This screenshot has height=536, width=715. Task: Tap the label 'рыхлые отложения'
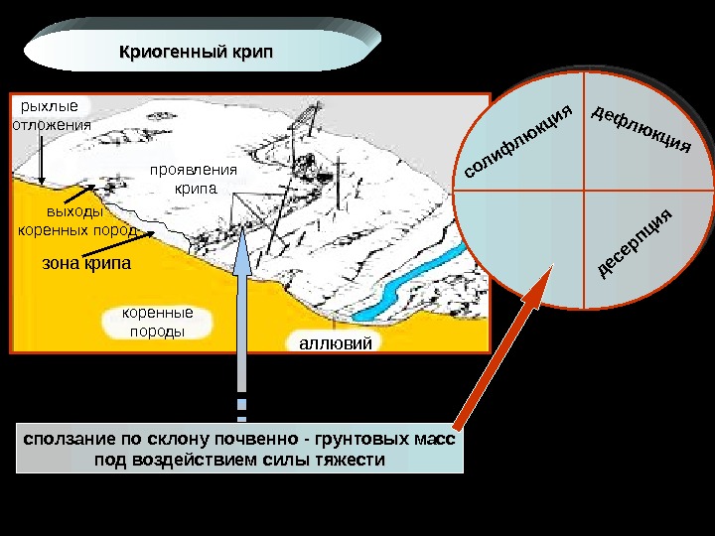point(49,115)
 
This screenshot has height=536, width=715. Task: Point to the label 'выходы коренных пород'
point(75,221)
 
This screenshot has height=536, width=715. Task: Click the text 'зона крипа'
point(85,265)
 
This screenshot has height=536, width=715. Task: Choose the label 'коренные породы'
point(158,323)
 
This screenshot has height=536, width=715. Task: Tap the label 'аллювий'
point(334,343)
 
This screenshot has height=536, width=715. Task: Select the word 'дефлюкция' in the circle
point(641,128)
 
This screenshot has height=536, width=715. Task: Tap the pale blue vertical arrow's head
point(242,260)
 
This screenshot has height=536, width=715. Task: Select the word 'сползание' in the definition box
point(60,439)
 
